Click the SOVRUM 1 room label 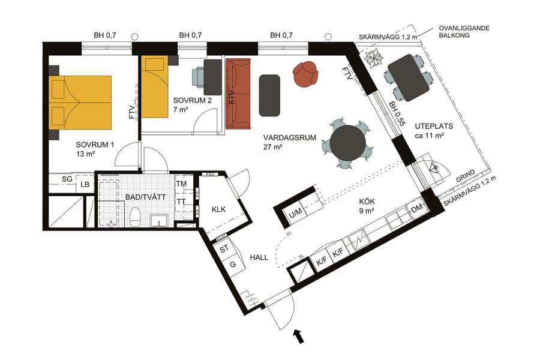click(x=94, y=145)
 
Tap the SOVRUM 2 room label click(x=192, y=100)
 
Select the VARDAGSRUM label click(x=289, y=137)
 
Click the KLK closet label click(x=218, y=210)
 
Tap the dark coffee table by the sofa click(x=270, y=95)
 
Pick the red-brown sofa click(x=239, y=94)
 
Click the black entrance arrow click(x=298, y=337)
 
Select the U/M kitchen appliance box click(x=295, y=213)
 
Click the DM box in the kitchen click(x=416, y=209)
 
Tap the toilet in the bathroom click(x=136, y=217)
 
